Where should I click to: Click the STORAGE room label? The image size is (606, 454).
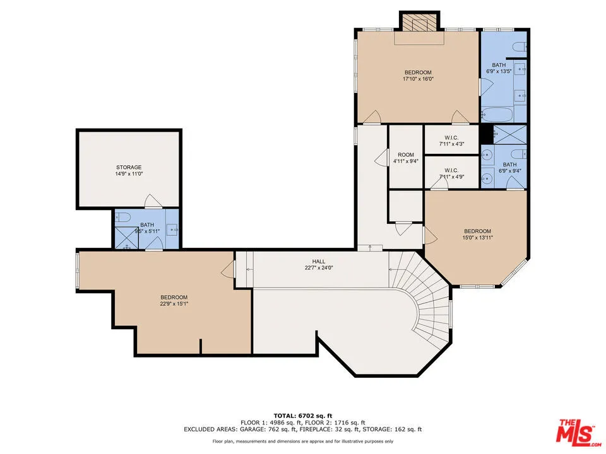click(x=129, y=167)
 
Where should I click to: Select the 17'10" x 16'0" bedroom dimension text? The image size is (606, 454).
click(x=418, y=79)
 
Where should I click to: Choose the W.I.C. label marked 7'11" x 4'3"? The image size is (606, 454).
click(x=451, y=141)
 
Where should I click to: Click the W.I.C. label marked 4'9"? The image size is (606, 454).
click(x=451, y=173)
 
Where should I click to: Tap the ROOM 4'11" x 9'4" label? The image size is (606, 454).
click(x=405, y=158)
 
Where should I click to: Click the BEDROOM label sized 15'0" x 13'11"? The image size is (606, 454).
click(x=477, y=235)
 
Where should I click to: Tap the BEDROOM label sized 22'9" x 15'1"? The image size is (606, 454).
click(x=174, y=300)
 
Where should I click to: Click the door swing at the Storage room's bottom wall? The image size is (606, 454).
click(x=153, y=201)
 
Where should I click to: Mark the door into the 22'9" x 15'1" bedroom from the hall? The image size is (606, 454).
click(x=227, y=271)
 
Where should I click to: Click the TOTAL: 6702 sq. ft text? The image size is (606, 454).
click(x=302, y=416)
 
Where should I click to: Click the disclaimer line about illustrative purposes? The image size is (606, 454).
click(x=302, y=441)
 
